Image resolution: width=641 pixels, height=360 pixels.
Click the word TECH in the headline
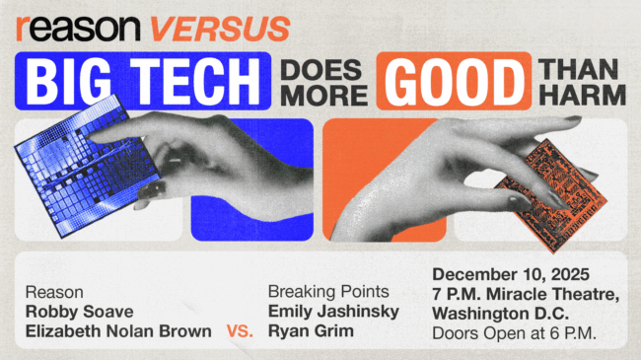click(201, 83)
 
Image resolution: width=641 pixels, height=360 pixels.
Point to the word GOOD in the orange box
click(453, 83)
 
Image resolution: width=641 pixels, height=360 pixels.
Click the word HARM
click(582, 96)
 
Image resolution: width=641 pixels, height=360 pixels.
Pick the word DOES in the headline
click(321, 70)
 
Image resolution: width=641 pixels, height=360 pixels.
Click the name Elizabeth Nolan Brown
click(118, 331)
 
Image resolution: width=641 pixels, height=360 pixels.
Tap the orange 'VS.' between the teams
click(240, 332)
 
